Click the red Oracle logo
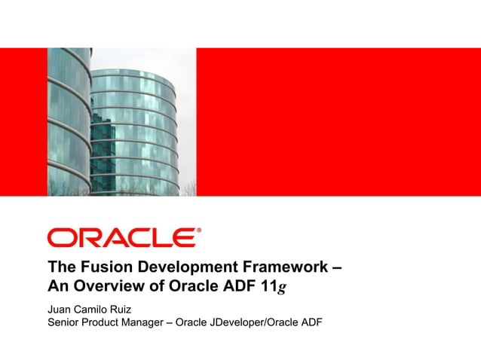click(x=124, y=237)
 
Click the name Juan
click(x=60, y=310)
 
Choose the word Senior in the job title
click(x=65, y=325)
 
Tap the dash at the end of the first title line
click(x=336, y=267)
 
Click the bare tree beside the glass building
click(x=186, y=188)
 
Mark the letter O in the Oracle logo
click(x=60, y=238)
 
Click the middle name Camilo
click(x=95, y=310)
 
